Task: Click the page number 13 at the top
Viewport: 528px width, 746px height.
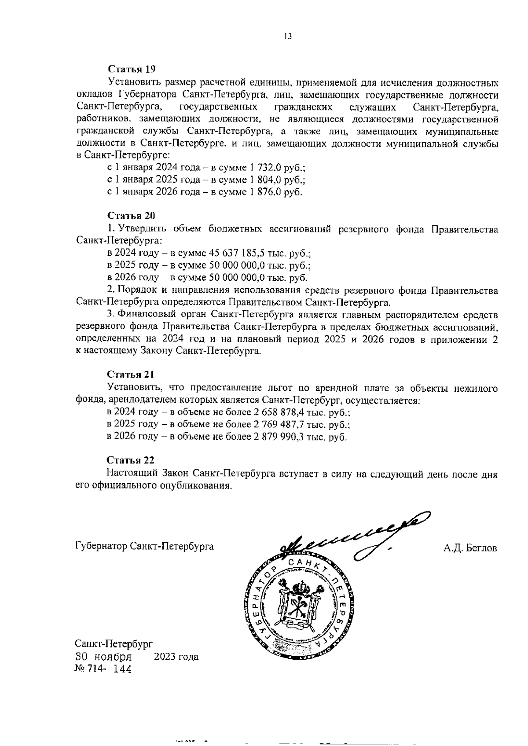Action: pos(288,37)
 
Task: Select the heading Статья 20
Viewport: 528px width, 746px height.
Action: pos(132,216)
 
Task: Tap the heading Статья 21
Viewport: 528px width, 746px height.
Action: pos(131,375)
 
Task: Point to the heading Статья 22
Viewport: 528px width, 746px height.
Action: pos(131,460)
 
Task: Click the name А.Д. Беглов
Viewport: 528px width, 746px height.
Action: pos(470,548)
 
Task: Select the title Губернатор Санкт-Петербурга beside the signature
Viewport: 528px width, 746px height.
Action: pos(145,547)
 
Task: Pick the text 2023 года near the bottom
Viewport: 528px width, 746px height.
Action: pos(176,657)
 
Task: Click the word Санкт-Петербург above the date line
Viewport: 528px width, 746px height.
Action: pos(114,644)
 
